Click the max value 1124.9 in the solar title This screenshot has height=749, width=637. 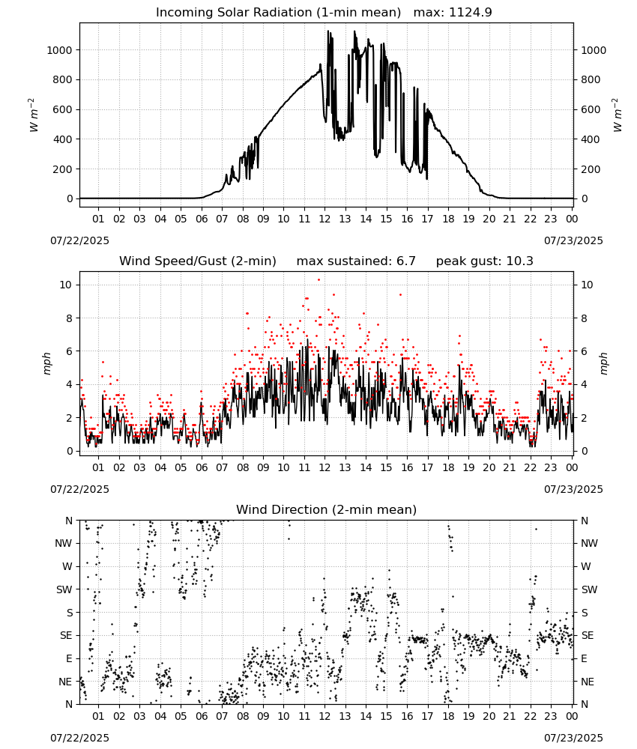[x=470, y=12]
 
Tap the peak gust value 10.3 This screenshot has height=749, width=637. [x=519, y=261]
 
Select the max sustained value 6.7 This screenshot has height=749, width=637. [x=405, y=261]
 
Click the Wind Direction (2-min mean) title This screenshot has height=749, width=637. [x=327, y=509]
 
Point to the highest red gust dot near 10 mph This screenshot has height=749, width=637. [x=318, y=280]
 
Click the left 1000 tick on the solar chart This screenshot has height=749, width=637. [x=60, y=50]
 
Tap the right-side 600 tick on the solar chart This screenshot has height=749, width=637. [x=591, y=109]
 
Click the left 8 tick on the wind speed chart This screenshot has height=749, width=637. [x=70, y=318]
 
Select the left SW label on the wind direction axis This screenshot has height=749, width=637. [x=64, y=589]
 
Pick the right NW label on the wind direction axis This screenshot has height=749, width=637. [x=589, y=543]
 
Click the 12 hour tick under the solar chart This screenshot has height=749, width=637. [x=325, y=219]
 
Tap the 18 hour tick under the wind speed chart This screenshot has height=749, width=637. [x=448, y=467]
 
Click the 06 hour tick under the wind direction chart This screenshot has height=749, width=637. [x=202, y=716]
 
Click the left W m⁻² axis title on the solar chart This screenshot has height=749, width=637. [x=33, y=115]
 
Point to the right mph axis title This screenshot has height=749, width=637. [x=603, y=363]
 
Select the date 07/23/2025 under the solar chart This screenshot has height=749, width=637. [x=573, y=240]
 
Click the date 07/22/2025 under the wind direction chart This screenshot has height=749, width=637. [x=79, y=738]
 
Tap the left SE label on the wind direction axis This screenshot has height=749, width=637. [x=66, y=635]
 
